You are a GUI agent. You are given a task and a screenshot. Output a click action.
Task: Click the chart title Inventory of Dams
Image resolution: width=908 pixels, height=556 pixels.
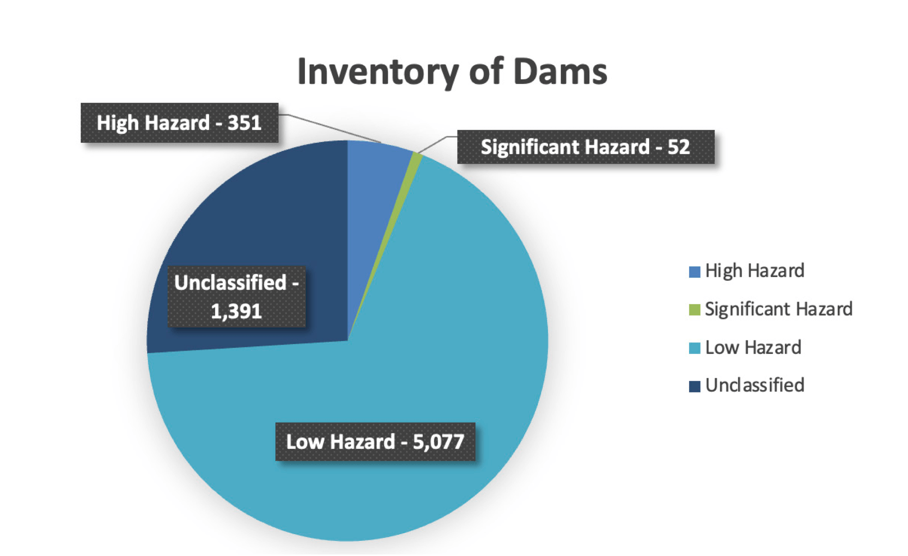452,72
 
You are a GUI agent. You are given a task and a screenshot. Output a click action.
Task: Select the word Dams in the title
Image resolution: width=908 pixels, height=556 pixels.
560,71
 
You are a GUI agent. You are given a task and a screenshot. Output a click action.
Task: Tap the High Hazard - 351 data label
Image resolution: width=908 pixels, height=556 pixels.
180,123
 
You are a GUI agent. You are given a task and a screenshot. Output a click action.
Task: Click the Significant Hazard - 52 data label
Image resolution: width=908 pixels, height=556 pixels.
586,147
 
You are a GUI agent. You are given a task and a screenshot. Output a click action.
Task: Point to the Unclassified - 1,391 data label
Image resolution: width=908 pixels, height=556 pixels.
236,297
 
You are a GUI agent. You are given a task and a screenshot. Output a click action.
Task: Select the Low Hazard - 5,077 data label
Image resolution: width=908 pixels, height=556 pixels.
375,442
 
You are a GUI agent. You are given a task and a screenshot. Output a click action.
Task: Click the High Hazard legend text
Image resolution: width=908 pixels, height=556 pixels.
755,271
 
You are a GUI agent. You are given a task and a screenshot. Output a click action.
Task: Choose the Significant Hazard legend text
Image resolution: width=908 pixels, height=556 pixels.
779,309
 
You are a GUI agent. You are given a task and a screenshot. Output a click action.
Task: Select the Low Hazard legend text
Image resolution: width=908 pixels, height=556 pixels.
753,347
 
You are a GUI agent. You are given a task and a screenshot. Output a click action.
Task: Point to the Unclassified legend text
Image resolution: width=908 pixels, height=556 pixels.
755,385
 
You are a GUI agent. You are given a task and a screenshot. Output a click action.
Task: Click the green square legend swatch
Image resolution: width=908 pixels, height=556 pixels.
694,310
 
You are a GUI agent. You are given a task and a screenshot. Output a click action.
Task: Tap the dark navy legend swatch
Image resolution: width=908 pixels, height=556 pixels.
694,386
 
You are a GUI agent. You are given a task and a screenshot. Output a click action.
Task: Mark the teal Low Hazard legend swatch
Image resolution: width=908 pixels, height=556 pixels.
694,348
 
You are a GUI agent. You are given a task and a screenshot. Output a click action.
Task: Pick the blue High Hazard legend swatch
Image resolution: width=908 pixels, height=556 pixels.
694,272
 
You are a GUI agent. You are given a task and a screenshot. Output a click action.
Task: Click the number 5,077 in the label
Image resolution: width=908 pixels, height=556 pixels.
438,442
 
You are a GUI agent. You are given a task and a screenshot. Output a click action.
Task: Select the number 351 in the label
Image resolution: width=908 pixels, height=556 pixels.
245,123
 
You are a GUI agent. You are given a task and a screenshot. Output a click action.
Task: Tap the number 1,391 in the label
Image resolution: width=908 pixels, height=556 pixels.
236,312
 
